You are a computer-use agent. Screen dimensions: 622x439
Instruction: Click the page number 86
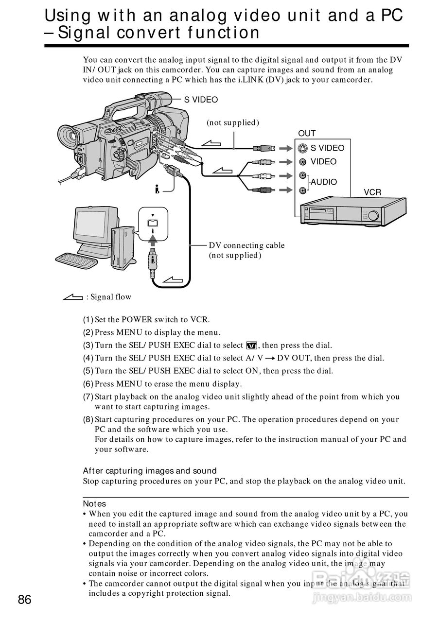[25, 600]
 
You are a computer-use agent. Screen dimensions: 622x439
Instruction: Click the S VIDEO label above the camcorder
[200, 100]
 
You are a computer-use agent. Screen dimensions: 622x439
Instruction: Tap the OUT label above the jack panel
[307, 133]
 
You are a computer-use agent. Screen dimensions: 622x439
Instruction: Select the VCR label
[372, 192]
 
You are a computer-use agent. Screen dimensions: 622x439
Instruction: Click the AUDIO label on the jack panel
[324, 182]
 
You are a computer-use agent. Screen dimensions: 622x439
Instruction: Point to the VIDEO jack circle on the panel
[303, 162]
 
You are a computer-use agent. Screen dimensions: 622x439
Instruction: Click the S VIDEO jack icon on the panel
[303, 148]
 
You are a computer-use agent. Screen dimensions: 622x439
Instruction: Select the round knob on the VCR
[373, 215]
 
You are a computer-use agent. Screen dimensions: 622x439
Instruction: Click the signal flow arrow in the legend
[73, 297]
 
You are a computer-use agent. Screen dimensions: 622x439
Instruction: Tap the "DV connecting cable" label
[246, 245]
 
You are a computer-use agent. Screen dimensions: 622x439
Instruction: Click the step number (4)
[88, 358]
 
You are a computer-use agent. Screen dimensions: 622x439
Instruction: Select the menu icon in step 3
[251, 346]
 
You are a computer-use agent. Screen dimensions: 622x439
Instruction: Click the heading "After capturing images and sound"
[150, 471]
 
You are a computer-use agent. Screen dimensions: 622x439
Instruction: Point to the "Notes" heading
[94, 504]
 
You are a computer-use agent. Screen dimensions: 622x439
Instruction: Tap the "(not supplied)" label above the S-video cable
[232, 123]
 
